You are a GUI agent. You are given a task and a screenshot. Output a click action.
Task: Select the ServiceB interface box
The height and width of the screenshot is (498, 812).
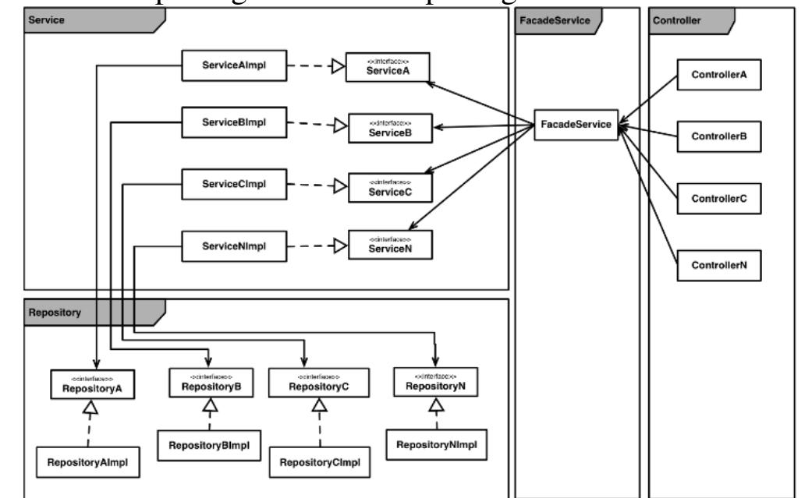(389, 128)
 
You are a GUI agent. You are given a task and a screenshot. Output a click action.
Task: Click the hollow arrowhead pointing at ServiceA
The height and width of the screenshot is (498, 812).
(338, 67)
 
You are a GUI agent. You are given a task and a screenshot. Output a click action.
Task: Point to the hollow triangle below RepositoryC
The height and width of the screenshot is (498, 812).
(318, 405)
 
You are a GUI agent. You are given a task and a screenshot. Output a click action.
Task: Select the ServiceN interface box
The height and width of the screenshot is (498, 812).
(389, 244)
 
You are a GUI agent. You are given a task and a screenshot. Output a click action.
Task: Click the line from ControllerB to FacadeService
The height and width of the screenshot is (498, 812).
(647, 130)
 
